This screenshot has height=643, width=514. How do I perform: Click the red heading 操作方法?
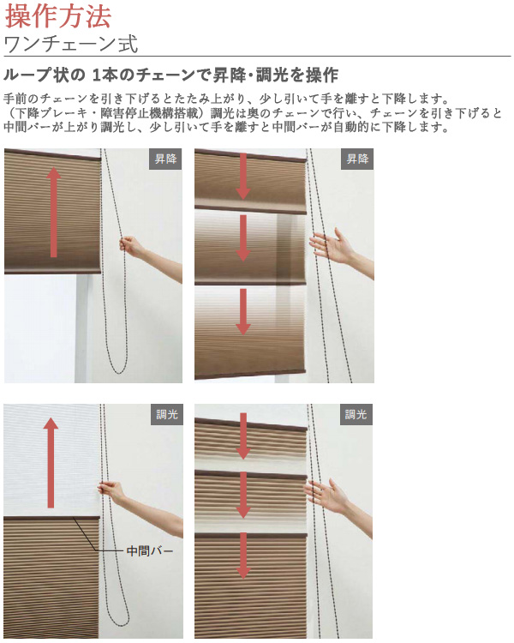point(57,16)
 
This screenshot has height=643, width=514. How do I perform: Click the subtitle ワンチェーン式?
point(71,44)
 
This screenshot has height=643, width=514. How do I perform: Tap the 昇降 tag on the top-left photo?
point(165,159)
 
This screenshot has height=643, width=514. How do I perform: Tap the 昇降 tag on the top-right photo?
point(357,159)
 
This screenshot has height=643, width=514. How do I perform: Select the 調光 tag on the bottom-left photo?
point(167,415)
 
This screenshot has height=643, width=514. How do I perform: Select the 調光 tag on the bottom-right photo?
point(356,415)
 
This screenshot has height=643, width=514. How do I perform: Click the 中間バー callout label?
point(150,550)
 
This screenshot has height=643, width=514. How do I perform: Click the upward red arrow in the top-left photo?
point(53,212)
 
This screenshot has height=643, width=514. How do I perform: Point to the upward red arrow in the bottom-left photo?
point(51,463)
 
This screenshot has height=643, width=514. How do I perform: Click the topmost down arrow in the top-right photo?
point(243,177)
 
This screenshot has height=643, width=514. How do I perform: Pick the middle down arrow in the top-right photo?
point(243,238)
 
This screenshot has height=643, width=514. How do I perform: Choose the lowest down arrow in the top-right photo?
point(243,312)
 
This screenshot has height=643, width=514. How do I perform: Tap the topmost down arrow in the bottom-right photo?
point(243,436)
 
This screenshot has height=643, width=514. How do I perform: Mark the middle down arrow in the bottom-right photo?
point(243,495)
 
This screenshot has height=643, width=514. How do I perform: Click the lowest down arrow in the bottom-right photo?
point(243,556)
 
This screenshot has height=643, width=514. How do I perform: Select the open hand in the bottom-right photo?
point(326,496)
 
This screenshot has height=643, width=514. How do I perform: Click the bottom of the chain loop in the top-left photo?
point(119,373)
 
